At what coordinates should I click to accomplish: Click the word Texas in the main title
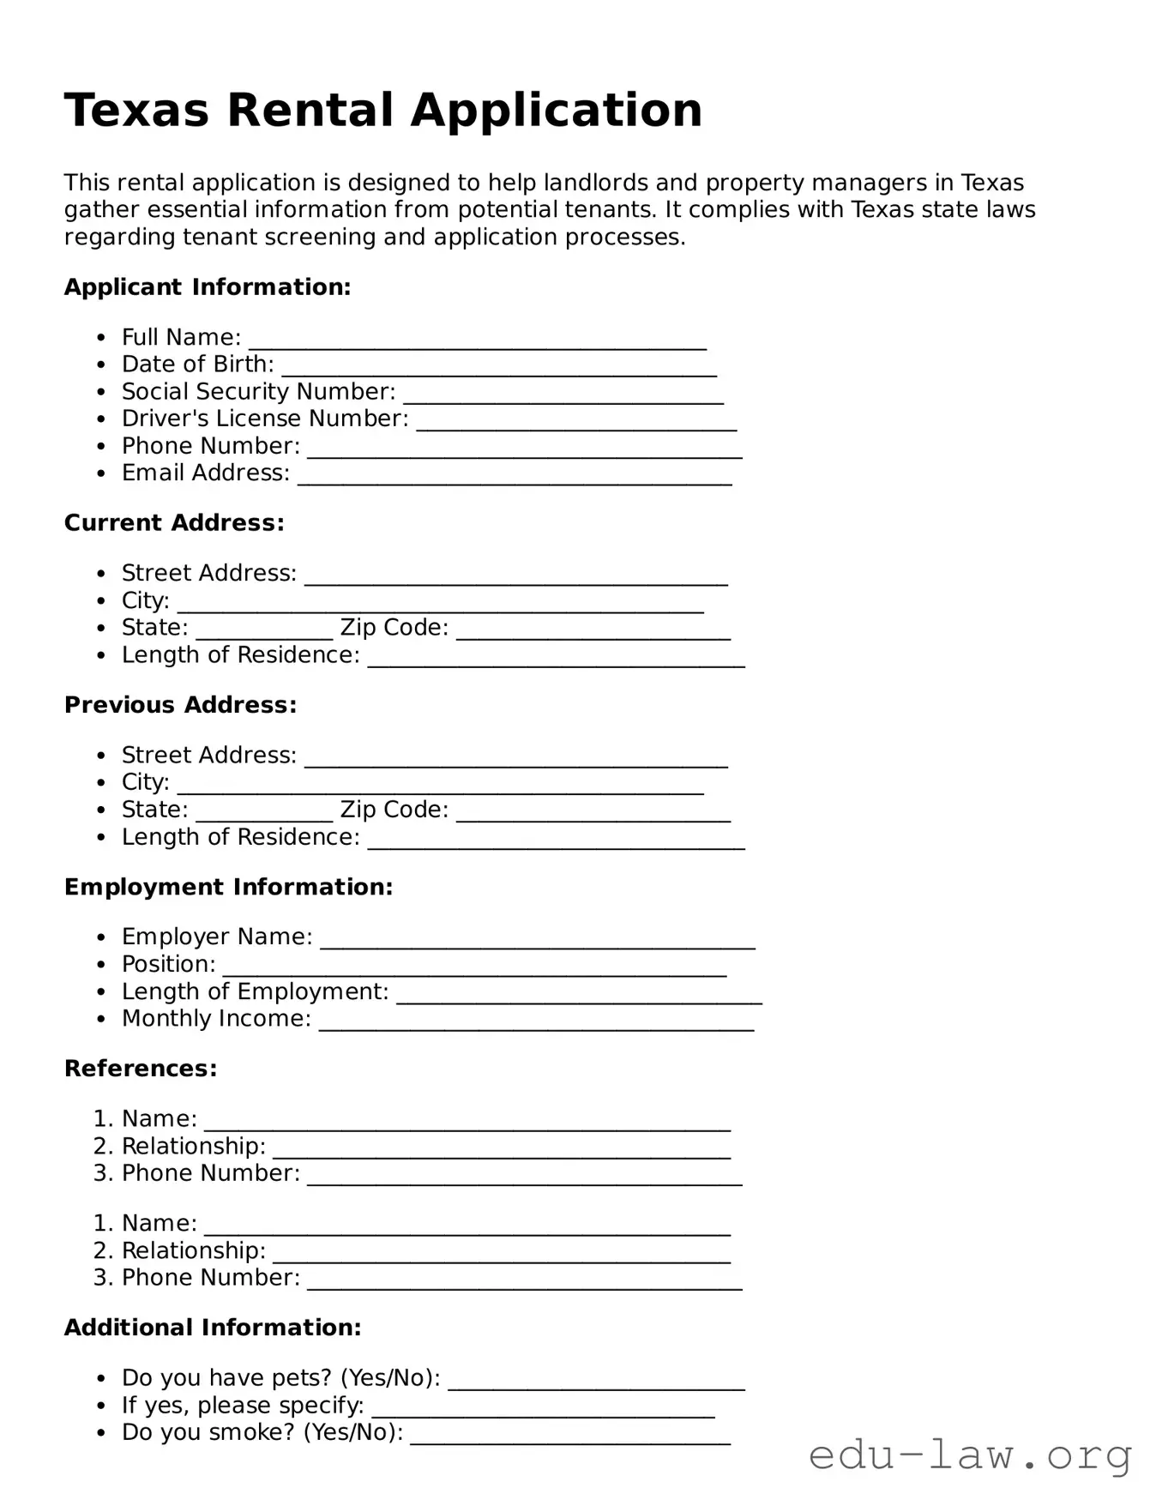click(x=136, y=111)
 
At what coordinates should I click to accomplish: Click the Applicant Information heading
click(x=208, y=287)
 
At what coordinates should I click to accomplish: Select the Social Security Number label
click(x=258, y=392)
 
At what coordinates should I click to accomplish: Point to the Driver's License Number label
click(x=265, y=419)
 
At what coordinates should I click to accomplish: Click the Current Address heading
click(x=174, y=523)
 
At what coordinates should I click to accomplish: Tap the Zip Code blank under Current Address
click(x=593, y=635)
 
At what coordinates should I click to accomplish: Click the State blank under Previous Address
click(x=264, y=816)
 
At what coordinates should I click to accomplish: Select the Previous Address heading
click(x=180, y=705)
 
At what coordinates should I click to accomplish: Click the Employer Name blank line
click(x=538, y=943)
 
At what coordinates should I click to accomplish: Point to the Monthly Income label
click(x=216, y=1019)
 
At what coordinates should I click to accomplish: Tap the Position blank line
click(x=474, y=971)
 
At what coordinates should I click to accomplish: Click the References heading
click(x=141, y=1069)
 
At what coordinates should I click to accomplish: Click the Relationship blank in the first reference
click(x=502, y=1154)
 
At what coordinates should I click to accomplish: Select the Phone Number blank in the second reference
click(x=524, y=1285)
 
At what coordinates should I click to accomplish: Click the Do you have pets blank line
click(x=596, y=1385)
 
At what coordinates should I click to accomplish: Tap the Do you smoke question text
click(x=262, y=1432)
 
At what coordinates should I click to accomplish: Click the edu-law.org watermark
click(x=970, y=1455)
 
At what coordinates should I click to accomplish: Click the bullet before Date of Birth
click(x=102, y=365)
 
